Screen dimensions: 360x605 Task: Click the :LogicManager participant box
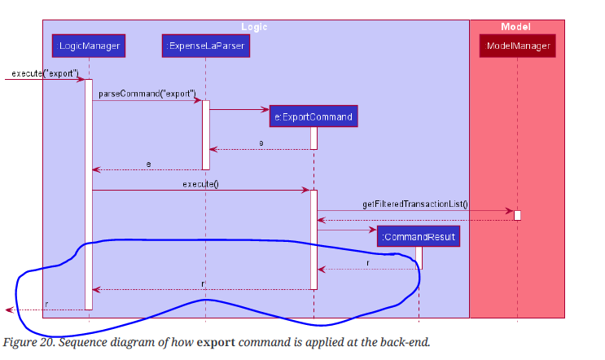[89, 46]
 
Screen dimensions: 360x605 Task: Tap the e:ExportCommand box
[313, 116]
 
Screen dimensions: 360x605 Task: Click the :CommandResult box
[419, 236]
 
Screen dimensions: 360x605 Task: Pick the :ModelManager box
[518, 46]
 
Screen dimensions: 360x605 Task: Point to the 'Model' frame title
[515, 27]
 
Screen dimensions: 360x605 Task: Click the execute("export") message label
[45, 73]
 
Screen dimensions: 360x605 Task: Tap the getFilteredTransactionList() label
[415, 204]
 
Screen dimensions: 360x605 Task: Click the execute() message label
[200, 184]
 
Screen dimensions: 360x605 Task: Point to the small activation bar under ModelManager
[517, 215]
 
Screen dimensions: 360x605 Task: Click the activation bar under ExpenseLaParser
[206, 134]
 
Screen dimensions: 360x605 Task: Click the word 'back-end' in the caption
[401, 341]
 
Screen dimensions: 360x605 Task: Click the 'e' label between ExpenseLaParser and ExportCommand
[261, 143]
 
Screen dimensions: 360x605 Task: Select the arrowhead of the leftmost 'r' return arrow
[7, 310]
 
